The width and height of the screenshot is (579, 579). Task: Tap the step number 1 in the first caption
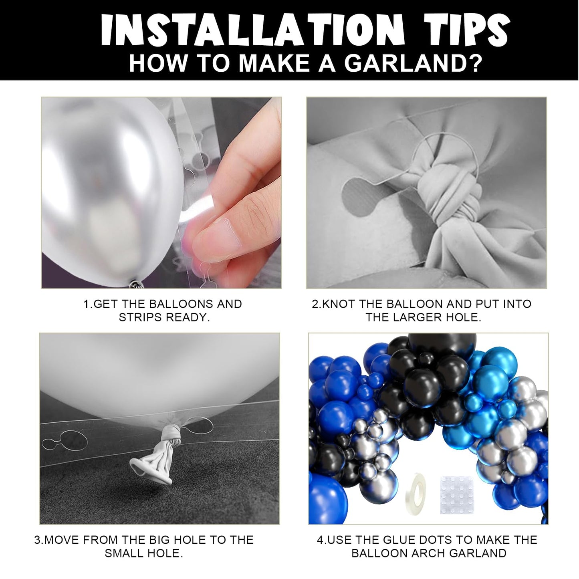86,304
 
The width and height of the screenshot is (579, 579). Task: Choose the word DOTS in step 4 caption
429,540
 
